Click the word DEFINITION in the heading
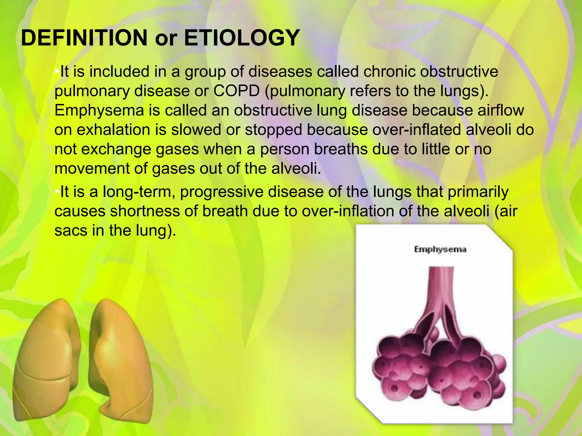coord(84,38)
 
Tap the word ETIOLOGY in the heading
coord(242,38)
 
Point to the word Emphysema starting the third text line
coord(99,111)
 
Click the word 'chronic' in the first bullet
coord(389,72)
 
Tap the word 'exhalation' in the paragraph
coord(113,130)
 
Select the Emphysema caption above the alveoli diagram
coord(440,250)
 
